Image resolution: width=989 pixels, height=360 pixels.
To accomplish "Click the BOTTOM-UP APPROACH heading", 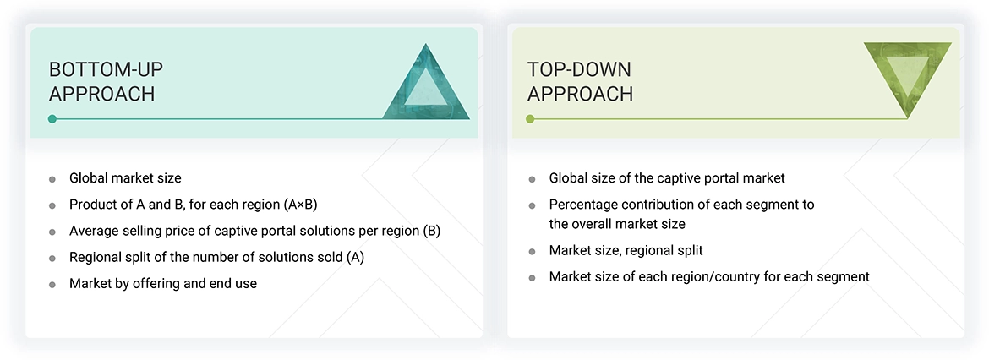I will (x=101, y=81).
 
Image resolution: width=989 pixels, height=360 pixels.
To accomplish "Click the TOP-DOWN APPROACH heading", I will (x=580, y=81).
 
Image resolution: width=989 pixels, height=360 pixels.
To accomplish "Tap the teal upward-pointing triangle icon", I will (x=426, y=82).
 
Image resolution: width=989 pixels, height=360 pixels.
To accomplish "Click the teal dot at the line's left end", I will (x=52, y=119).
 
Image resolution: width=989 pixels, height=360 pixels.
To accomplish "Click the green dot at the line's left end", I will (x=531, y=119).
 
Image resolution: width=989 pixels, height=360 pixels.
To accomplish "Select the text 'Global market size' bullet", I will (x=125, y=178).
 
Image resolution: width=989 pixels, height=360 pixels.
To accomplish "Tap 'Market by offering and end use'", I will (x=162, y=283).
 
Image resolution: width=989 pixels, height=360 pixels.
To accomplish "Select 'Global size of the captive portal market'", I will (x=667, y=178).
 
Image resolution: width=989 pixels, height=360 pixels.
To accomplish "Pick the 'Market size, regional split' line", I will (x=626, y=250).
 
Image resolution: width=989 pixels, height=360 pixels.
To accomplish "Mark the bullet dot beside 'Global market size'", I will (x=52, y=179).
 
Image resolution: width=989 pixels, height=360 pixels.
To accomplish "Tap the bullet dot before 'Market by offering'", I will (x=52, y=284).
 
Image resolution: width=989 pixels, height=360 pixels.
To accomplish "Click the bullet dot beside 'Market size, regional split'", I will (x=532, y=251).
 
